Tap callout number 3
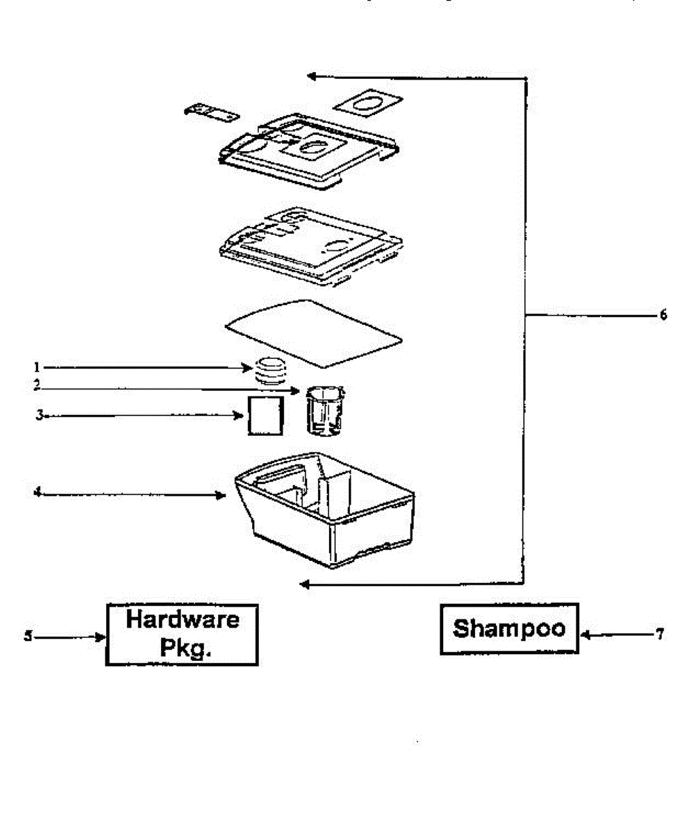coord(39,414)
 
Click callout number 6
coord(663,316)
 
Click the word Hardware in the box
coord(183,619)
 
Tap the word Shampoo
coord(509,628)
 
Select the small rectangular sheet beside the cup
coord(264,415)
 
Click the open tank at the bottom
coord(325,507)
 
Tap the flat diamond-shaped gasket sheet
coord(314,330)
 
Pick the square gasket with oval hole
coord(366,103)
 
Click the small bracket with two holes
coord(211,113)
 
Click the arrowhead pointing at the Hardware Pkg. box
coord(101,637)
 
